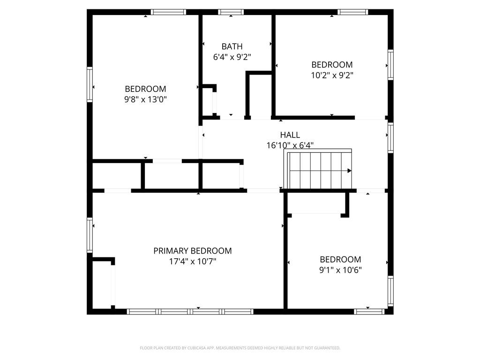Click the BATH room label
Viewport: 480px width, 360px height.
click(232, 46)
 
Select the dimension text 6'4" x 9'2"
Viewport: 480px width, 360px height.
click(232, 57)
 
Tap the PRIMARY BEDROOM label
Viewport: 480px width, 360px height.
click(192, 251)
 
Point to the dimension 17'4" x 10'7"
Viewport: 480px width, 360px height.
click(192, 262)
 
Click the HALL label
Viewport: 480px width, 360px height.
click(290, 135)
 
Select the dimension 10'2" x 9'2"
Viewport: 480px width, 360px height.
click(332, 75)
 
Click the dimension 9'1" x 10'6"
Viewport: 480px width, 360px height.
click(340, 270)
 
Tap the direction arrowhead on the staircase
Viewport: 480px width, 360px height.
click(349, 171)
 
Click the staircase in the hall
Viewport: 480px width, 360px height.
click(319, 170)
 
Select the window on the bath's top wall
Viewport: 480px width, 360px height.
click(231, 12)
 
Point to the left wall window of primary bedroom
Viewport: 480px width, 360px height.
click(90, 235)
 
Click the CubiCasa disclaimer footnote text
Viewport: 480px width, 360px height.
click(240, 348)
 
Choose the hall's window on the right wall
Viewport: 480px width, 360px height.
click(390, 138)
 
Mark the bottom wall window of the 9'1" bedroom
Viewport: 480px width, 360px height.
click(369, 311)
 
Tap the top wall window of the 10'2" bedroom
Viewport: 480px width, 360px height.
click(353, 12)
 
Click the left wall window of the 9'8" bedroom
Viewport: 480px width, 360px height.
click(90, 84)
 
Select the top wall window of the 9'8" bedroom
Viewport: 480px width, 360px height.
click(168, 12)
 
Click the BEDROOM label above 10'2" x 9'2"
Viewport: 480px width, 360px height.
click(332, 65)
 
